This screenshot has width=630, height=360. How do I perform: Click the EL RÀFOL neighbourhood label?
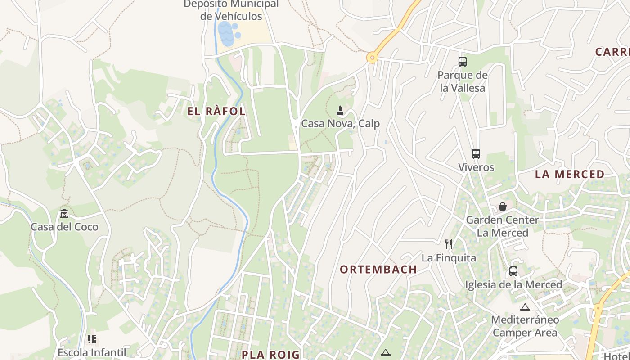216,112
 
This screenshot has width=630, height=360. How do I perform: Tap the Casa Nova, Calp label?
340,124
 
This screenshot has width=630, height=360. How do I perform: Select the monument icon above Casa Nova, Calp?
340,110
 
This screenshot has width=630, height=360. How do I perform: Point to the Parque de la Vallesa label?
463,81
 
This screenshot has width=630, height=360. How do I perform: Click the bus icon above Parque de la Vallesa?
463,62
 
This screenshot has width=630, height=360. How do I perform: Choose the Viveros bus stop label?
476,167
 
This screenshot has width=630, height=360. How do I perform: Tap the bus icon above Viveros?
476,154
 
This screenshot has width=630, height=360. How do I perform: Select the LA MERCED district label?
570,175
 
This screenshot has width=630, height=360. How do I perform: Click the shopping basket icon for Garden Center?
503,207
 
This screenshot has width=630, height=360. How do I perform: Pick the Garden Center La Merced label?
502,226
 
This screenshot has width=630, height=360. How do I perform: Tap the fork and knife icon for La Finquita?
449,244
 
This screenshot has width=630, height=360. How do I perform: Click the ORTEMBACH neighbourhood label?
378,270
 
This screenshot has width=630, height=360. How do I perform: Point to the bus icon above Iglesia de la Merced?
513,271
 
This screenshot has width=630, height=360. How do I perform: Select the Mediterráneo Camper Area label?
525,326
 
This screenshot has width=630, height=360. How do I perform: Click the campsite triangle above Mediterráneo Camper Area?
525,307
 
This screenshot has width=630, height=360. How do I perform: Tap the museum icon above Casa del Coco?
64,213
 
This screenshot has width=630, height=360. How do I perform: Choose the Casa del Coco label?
64,227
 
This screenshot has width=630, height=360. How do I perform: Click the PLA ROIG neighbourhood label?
270,355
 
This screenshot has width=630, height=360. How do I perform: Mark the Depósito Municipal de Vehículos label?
231,10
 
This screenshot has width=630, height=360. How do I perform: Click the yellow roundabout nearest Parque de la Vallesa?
372,58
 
